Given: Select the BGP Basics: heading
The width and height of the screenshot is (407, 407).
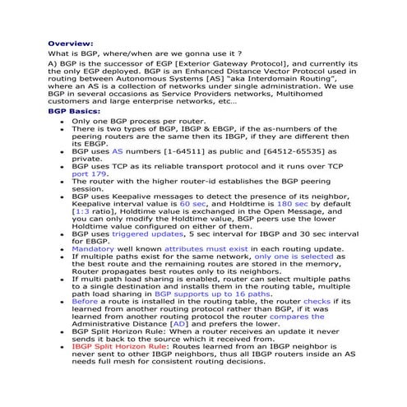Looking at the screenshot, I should [x=74, y=110].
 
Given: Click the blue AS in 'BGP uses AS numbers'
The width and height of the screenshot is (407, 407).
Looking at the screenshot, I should [x=118, y=152].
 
